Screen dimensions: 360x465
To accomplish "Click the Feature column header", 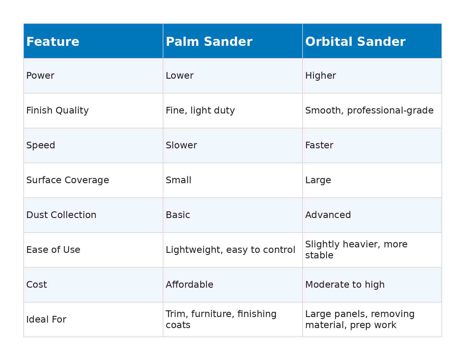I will [x=53, y=42].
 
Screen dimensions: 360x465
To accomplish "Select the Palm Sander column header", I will [x=209, y=42].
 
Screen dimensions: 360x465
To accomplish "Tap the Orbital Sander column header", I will [x=355, y=42].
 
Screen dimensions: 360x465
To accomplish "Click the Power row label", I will [x=40, y=75].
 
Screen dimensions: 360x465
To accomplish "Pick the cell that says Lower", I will [x=179, y=75].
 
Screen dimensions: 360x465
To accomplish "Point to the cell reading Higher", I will [x=320, y=75].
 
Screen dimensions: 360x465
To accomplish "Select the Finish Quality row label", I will [x=57, y=110].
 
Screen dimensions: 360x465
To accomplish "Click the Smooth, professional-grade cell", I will [x=369, y=110].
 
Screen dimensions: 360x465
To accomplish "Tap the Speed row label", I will [x=40, y=145].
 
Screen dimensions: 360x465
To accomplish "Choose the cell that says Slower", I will [x=181, y=145].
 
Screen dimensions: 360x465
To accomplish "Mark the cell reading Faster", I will [x=319, y=145].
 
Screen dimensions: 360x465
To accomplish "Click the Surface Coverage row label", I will [x=67, y=180].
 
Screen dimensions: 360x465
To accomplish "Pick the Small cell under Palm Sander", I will [x=178, y=180].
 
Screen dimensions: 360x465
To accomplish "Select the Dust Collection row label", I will [x=61, y=215].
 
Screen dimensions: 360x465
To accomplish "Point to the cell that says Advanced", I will [x=328, y=215].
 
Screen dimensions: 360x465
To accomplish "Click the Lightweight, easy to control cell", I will [x=230, y=250].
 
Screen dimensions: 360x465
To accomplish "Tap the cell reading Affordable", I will [x=189, y=285].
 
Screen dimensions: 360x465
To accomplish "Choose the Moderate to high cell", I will [x=345, y=285].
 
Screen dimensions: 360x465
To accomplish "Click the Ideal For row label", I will [x=46, y=319].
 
